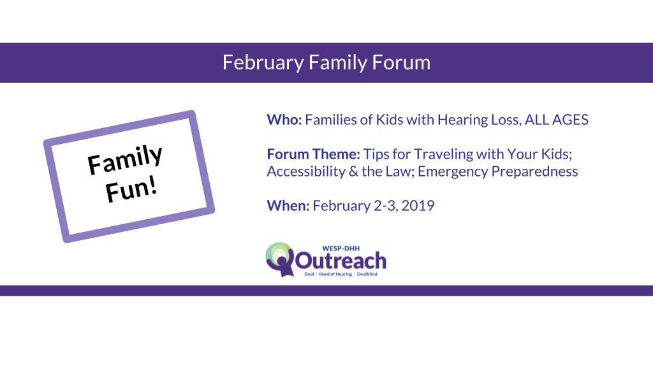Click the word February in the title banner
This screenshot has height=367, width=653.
click(x=263, y=63)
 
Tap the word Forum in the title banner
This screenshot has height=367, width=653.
click(x=401, y=62)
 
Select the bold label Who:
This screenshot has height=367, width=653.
click(x=284, y=120)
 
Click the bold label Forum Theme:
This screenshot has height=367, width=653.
click(x=313, y=154)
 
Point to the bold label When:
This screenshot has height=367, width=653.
click(x=288, y=206)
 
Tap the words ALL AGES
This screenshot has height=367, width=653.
click(x=556, y=120)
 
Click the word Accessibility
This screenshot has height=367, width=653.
click(x=306, y=172)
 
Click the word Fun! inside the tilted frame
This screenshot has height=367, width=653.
click(x=131, y=191)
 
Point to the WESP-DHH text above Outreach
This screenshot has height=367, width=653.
click(x=341, y=248)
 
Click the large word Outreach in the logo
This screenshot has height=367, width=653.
click(x=341, y=261)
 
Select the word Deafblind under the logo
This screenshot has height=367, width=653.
click(x=367, y=274)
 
